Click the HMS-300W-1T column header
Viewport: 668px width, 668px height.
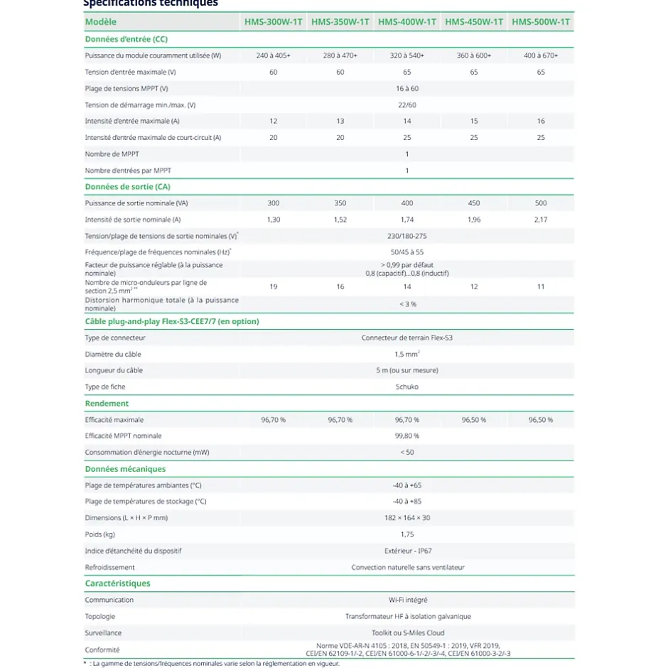coord(274,22)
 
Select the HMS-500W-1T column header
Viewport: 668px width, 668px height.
coord(541,22)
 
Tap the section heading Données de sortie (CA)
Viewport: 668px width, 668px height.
coord(128,187)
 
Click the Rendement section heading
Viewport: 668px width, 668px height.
coord(107,404)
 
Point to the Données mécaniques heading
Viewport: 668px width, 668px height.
coord(126,469)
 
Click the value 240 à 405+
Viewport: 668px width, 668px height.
coord(274,55)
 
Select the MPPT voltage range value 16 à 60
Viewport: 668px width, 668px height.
coord(407,88)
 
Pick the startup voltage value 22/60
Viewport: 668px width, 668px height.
coord(407,104)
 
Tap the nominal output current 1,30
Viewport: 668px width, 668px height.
coord(274,220)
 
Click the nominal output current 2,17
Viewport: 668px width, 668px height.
coord(541,220)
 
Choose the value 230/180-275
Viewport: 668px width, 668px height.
coord(407,236)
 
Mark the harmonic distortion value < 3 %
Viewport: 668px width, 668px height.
coord(407,304)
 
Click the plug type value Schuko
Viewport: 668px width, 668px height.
coord(407,387)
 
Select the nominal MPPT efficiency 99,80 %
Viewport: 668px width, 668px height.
coord(407,436)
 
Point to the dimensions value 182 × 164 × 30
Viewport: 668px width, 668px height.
coord(407,518)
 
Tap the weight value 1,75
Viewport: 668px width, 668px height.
coord(407,534)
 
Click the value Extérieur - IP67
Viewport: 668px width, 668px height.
coord(407,551)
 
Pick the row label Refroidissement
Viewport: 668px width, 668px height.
coord(110,567)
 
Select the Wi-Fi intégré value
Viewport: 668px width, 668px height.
coord(407,600)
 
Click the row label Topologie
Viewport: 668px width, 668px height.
coord(100,616)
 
